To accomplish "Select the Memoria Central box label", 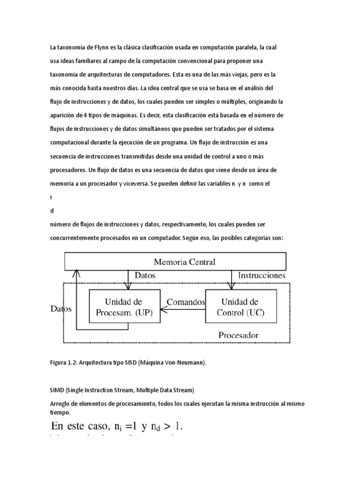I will pos(185,262).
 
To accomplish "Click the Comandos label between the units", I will pos(186,302).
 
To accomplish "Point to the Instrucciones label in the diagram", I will pos(262,276).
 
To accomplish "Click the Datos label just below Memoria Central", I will pos(145,276).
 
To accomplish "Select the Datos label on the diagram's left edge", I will pos(60,309).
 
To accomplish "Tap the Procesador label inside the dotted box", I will pos(238,335).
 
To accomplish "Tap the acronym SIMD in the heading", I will pos(57,390).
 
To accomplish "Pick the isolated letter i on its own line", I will pos(52,198).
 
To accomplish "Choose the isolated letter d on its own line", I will pos(52,211).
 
